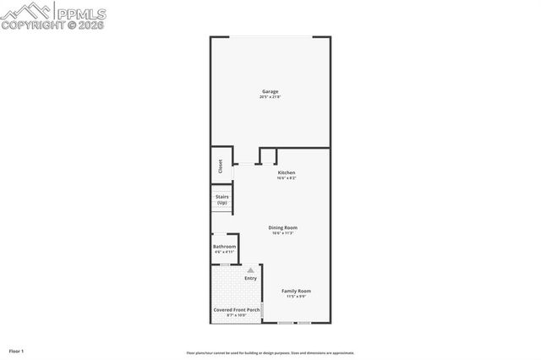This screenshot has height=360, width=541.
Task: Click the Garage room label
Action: tap(270, 91)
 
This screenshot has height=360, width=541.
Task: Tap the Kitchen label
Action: tap(287, 172)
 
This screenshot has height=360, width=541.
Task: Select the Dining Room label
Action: tap(283, 227)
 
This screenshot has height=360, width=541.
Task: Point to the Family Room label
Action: tap(296, 291)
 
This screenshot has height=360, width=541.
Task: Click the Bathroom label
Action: tap(224, 247)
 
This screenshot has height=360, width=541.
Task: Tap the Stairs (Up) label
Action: tap(221, 199)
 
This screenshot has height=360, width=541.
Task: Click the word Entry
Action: tap(250, 278)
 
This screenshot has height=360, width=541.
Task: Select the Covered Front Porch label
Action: tap(236, 309)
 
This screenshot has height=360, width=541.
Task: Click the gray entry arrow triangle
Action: tap(250, 270)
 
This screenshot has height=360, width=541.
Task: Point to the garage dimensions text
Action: tap(270, 97)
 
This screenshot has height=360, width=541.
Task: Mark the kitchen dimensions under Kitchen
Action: tap(287, 178)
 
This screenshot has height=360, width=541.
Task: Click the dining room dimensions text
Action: tap(283, 233)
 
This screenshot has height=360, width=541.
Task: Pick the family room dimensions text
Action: tap(296, 297)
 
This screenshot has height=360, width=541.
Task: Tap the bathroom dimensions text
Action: tap(224, 253)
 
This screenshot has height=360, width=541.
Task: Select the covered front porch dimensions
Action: tap(236, 315)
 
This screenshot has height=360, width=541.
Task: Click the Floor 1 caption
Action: tap(16, 350)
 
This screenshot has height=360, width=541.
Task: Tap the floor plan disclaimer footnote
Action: tap(270, 353)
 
